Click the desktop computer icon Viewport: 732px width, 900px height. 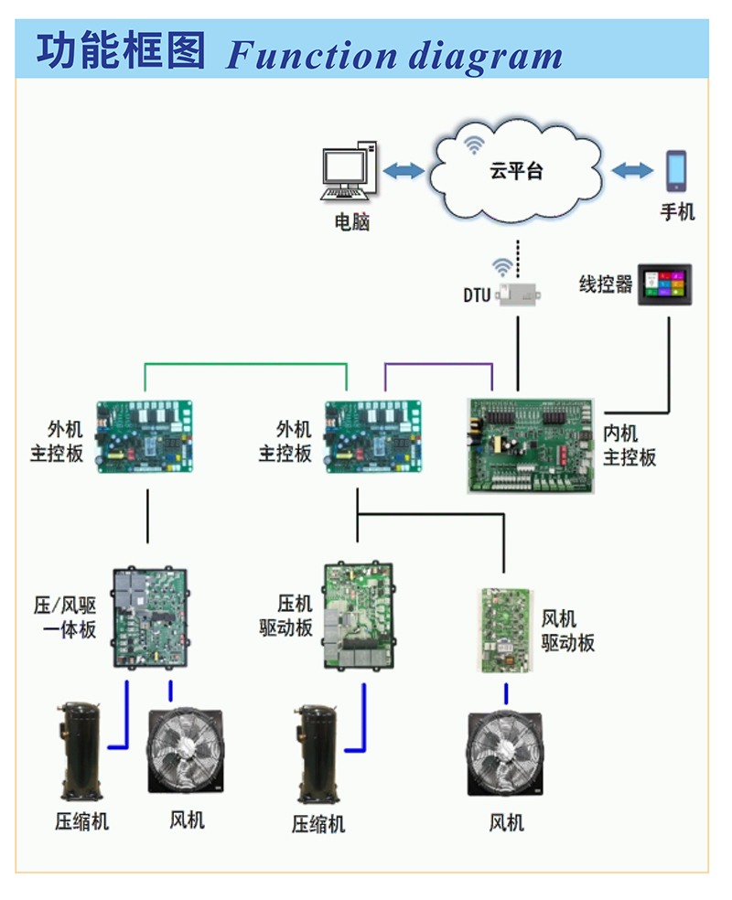pos(349,172)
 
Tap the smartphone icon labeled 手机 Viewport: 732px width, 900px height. pos(676,170)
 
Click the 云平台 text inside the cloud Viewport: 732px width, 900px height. pos(516,171)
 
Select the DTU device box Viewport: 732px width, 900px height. pos(519,294)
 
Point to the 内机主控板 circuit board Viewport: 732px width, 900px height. pos(532,445)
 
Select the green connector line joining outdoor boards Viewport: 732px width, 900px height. pos(245,365)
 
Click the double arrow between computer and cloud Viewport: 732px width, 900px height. pos(404,171)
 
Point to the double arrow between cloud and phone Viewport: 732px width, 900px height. pos(632,170)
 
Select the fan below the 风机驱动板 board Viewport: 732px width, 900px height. pos(505,753)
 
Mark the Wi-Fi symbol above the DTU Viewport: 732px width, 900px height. pos(501,267)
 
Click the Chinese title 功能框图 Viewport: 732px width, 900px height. pos(121,51)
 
